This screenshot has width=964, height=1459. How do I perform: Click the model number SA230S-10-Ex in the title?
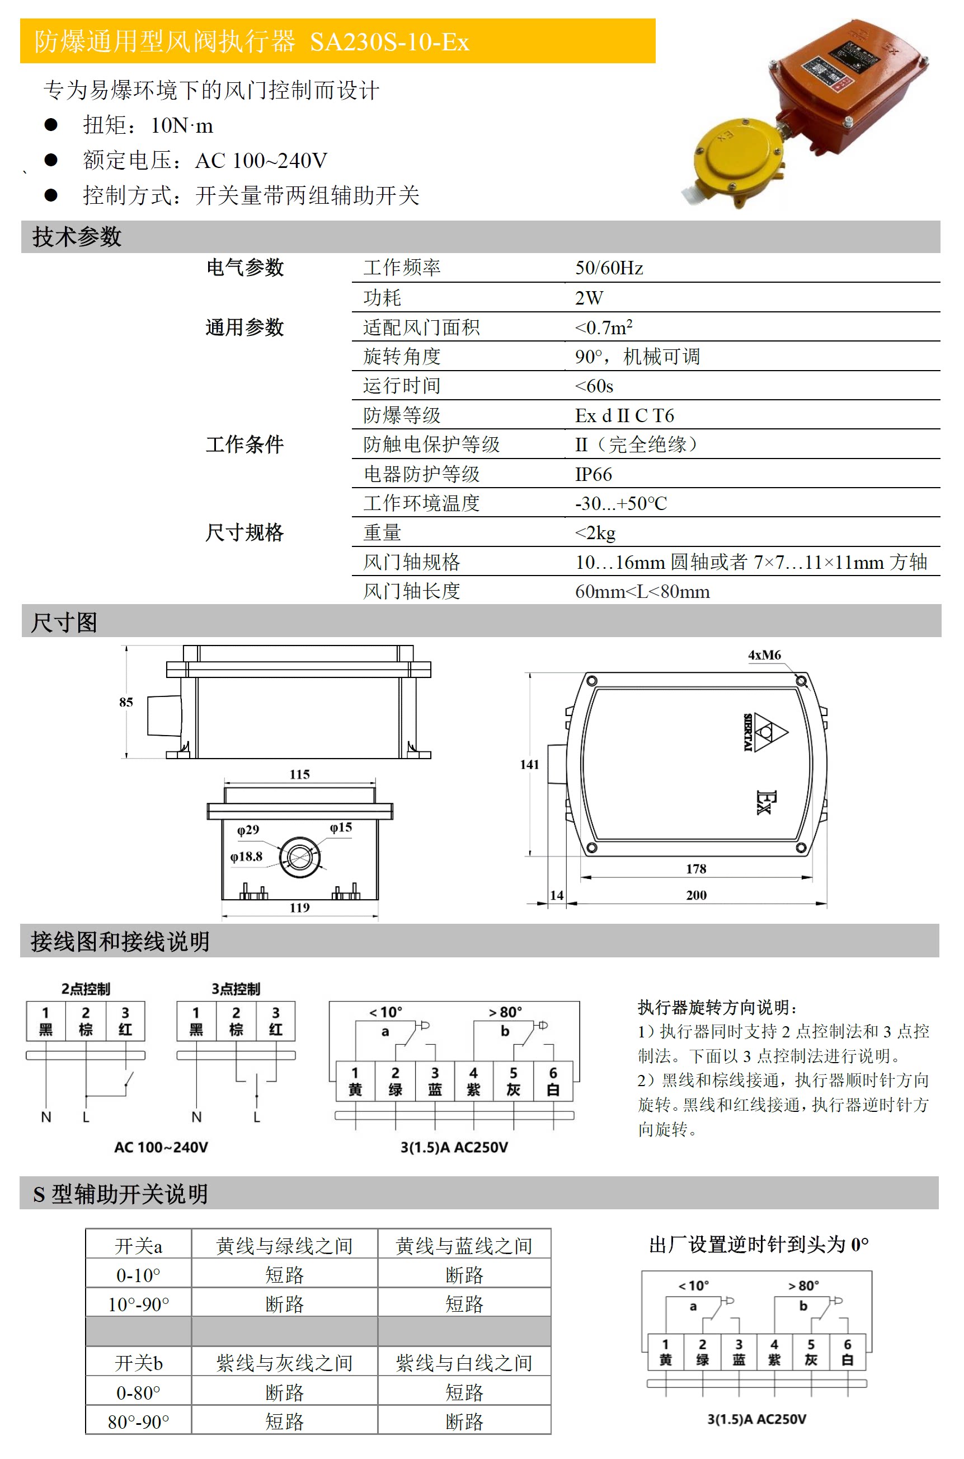(x=389, y=42)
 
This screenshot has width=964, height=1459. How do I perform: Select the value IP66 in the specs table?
(x=593, y=474)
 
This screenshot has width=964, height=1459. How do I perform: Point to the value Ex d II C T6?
(x=624, y=416)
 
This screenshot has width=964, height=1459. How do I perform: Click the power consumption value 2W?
(x=589, y=298)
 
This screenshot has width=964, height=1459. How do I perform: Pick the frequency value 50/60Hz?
(x=609, y=268)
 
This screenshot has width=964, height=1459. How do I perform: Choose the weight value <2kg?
(x=595, y=532)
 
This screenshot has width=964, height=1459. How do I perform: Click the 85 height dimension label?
(x=126, y=702)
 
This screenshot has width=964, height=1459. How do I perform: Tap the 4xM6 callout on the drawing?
(x=764, y=655)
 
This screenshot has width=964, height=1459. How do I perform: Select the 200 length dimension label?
(x=696, y=895)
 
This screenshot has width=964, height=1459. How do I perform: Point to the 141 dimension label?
(x=529, y=765)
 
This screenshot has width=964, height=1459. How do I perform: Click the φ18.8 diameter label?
(x=247, y=856)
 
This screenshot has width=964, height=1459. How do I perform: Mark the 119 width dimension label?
(x=299, y=908)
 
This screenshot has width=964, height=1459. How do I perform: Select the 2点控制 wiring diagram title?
(x=86, y=989)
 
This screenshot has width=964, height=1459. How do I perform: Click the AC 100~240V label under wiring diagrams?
(x=161, y=1147)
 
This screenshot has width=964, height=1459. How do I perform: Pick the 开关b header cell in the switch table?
(x=138, y=1364)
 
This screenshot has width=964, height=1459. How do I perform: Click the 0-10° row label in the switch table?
(x=138, y=1275)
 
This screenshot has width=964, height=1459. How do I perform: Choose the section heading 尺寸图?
(x=64, y=623)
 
